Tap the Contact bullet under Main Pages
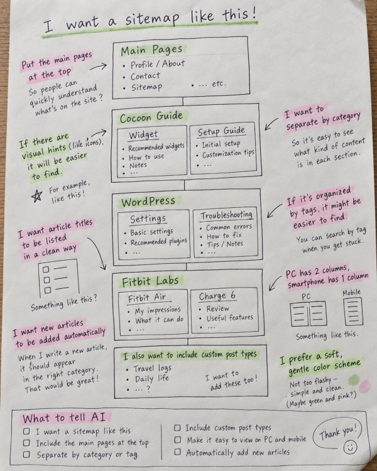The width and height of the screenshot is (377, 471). coord(145,76)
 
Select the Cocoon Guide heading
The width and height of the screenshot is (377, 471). coord(151,117)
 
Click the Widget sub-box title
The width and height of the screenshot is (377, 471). coord(143,135)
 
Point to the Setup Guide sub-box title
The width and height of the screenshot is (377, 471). coord(221,132)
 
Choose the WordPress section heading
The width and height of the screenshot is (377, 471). coord(148,202)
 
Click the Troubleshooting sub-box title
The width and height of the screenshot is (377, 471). coord(226,215)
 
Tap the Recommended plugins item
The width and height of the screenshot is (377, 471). coord(159,242)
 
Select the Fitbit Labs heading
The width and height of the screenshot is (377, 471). coord(150,281)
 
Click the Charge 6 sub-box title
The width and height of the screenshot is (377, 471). coord(217,296)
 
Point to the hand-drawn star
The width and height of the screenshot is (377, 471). coord(36,196)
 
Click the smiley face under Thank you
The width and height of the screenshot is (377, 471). coord(350,447)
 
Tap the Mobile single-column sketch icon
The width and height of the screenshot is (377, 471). coord(353,311)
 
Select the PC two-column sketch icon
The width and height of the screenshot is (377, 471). coord(308,313)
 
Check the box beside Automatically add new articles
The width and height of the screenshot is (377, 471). coord(178,452)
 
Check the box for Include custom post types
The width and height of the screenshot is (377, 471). coord(177,428)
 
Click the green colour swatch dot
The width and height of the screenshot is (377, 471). coord(354,380)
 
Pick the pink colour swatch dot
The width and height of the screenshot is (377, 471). coord(364,387)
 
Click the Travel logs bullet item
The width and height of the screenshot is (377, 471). coord(152,368)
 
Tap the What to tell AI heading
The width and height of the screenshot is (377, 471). coord(63,418)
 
